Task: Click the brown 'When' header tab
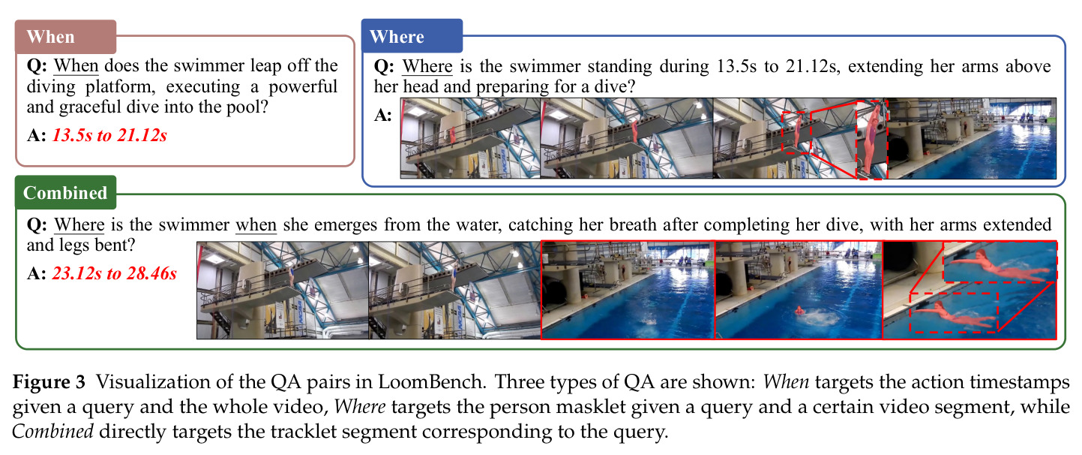point(66,37)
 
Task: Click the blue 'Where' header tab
point(412,36)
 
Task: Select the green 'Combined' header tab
point(66,192)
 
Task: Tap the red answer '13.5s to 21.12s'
point(109,135)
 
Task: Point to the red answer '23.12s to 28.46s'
point(115,273)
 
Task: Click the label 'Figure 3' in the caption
point(49,382)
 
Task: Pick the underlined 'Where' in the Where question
point(427,66)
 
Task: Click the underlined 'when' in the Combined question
point(256,224)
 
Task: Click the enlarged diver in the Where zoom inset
point(872,138)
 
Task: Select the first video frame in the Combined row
point(283,290)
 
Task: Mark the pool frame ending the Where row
point(972,138)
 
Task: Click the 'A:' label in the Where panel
point(382,115)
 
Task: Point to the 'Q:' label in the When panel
point(37,66)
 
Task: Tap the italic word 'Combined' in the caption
point(52,431)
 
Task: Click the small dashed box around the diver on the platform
point(796,132)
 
